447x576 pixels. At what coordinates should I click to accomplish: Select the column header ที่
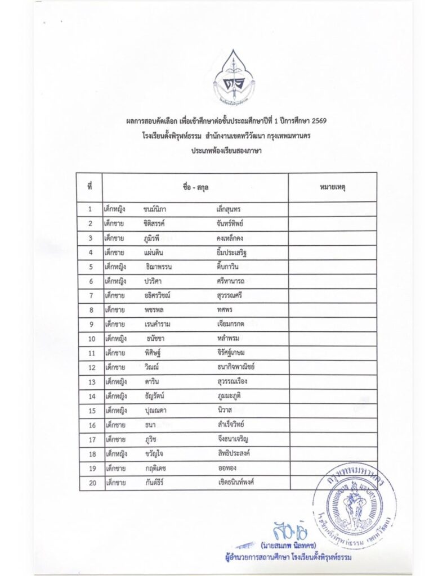pyautogui.click(x=90, y=187)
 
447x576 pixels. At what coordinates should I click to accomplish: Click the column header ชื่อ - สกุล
pyautogui.click(x=195, y=187)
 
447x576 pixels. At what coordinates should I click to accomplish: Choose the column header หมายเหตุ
pyautogui.click(x=332, y=187)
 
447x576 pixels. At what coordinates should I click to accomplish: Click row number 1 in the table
pyautogui.click(x=90, y=209)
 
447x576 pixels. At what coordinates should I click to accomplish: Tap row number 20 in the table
pyautogui.click(x=90, y=482)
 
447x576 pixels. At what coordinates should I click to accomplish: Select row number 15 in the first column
pyautogui.click(x=90, y=411)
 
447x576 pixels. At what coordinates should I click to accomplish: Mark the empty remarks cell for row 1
pyautogui.click(x=332, y=209)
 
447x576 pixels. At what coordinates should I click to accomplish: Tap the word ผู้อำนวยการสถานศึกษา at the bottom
pyautogui.click(x=253, y=557)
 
